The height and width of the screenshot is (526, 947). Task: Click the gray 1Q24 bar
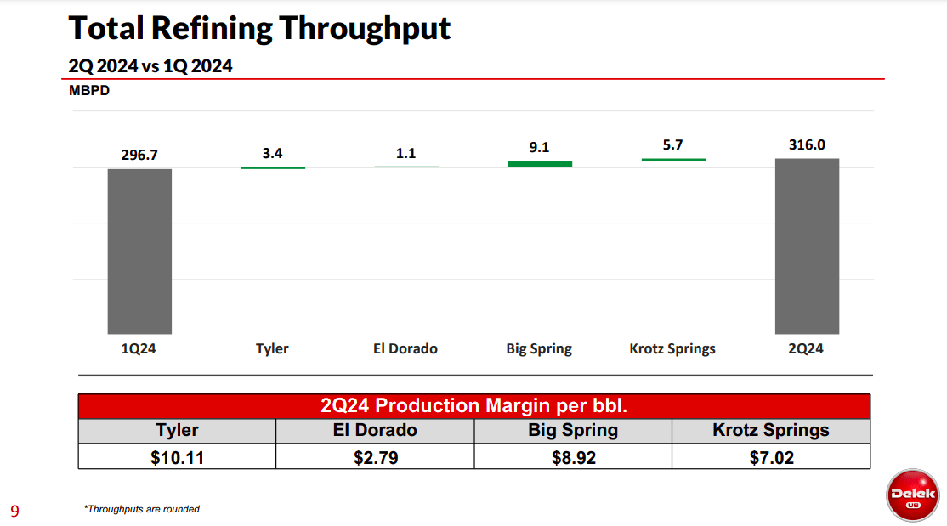(x=139, y=252)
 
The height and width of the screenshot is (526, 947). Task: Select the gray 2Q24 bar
(x=807, y=246)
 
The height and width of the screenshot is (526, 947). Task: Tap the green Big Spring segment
(x=540, y=163)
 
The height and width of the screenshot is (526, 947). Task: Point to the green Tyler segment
(x=273, y=167)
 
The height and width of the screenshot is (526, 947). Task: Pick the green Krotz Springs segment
(x=673, y=160)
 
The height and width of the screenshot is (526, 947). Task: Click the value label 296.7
(x=139, y=155)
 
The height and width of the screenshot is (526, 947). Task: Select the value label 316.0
(x=807, y=144)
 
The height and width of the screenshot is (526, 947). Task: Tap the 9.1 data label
(x=539, y=147)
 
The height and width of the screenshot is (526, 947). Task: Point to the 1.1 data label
(x=405, y=153)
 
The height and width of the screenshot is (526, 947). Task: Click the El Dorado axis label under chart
(x=405, y=348)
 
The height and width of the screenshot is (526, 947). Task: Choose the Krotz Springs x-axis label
(x=672, y=348)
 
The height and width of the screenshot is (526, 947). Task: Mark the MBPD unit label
(x=89, y=91)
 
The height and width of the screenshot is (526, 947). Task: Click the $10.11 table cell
(x=177, y=458)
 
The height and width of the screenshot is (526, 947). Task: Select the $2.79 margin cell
(x=375, y=458)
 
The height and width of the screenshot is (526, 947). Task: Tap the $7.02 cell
(x=770, y=458)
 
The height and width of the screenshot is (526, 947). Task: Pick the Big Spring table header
(x=573, y=430)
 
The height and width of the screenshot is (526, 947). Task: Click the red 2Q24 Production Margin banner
(x=473, y=405)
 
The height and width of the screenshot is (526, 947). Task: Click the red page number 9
(x=14, y=511)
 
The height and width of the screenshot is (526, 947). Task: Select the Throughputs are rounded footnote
(x=142, y=509)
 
